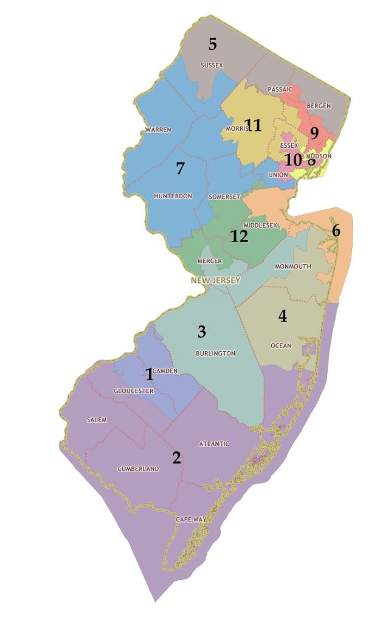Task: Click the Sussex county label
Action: click(x=212, y=65)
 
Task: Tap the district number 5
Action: click(x=212, y=44)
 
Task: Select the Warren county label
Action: click(x=158, y=130)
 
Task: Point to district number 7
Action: click(x=180, y=169)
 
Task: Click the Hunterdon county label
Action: click(x=173, y=196)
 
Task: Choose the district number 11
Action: click(x=253, y=125)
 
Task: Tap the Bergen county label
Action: click(x=319, y=106)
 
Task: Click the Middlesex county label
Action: click(x=260, y=225)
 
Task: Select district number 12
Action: click(x=240, y=236)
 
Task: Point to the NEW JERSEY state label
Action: click(x=215, y=280)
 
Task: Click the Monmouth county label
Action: click(x=292, y=266)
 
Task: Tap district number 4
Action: click(x=283, y=316)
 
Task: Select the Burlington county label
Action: click(x=215, y=353)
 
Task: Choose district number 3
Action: click(x=202, y=332)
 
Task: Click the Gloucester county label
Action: click(x=134, y=391)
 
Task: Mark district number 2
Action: click(x=176, y=458)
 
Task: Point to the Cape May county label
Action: click(x=191, y=519)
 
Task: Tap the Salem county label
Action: click(x=97, y=420)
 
